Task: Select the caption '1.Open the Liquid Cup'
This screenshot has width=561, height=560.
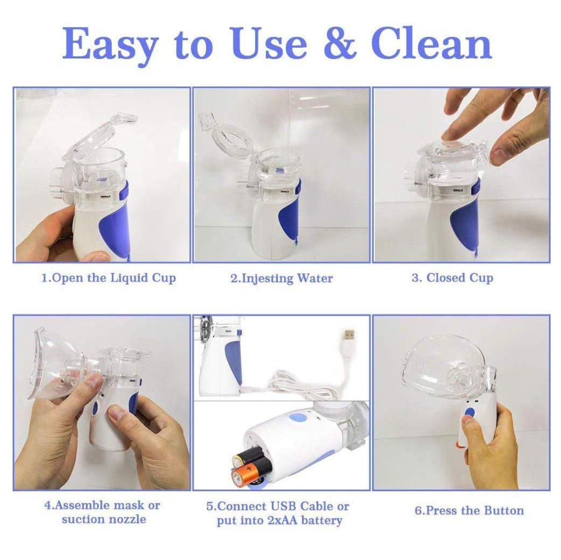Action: pos(108,278)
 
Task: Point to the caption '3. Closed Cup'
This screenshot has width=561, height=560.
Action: pos(453,278)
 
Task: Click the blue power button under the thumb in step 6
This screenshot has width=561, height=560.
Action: pos(469,413)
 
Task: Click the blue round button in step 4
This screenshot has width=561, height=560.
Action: pos(95,410)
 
